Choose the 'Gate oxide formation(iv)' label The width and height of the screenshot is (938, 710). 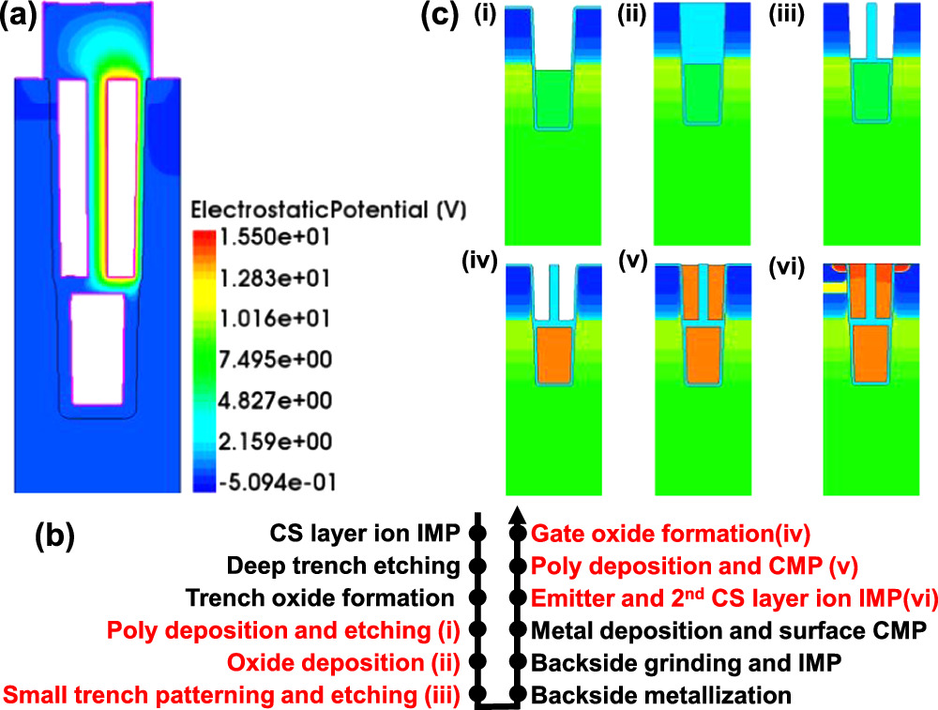[x=672, y=534]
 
